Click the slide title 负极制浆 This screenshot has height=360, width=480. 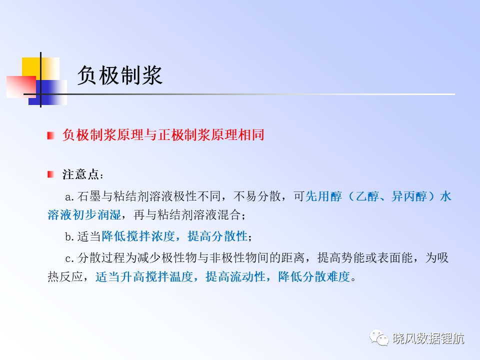(x=119, y=75)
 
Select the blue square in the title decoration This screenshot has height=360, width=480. (x=48, y=92)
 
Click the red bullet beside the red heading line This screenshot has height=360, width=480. (x=51, y=135)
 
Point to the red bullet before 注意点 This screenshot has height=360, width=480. (x=51, y=174)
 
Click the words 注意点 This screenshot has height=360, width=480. (x=81, y=174)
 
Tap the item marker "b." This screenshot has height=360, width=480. (x=69, y=236)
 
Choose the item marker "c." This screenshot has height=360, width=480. (x=69, y=258)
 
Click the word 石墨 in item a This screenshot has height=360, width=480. (x=89, y=196)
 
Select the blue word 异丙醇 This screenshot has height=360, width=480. (x=409, y=196)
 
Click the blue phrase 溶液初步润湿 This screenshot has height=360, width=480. (x=84, y=215)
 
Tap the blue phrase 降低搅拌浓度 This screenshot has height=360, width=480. (x=138, y=236)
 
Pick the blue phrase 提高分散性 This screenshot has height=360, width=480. (x=217, y=236)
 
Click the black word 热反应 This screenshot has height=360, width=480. (x=65, y=276)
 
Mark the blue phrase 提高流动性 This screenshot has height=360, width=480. (x=235, y=276)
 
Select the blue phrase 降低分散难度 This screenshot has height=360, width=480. (x=314, y=276)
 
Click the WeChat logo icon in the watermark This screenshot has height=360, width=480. (x=378, y=337)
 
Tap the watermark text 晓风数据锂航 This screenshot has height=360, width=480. (x=428, y=338)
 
